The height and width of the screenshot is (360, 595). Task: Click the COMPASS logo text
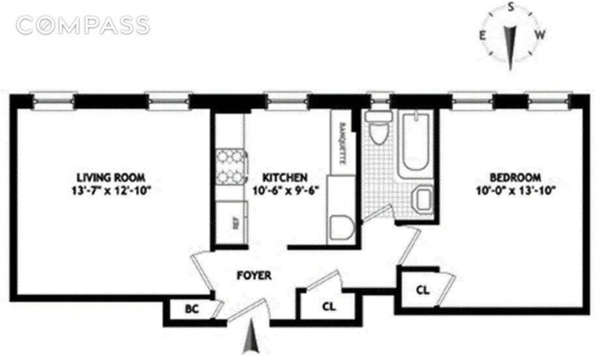tap(84, 25)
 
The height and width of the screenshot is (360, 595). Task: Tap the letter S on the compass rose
tap(512, 7)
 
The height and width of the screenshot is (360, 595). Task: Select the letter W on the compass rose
tap(540, 34)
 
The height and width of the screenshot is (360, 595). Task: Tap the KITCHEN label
tap(284, 177)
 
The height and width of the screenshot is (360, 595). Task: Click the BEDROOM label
tap(516, 177)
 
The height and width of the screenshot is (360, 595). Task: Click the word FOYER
tap(254, 276)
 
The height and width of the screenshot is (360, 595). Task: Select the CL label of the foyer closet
tap(329, 307)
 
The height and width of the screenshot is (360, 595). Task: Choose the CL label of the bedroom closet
tap(423, 290)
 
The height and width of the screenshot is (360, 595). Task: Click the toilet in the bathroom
tap(377, 128)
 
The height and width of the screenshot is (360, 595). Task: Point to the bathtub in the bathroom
tap(416, 142)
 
